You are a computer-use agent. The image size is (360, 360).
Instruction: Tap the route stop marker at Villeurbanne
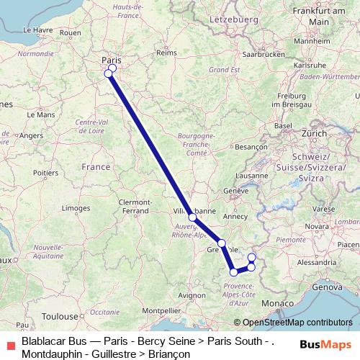(x=192, y=217)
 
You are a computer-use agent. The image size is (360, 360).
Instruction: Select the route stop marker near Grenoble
(x=222, y=243)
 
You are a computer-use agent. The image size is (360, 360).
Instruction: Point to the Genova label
(x=326, y=287)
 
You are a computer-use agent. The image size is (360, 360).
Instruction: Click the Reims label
(x=167, y=53)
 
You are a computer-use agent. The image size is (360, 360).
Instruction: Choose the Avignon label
(x=192, y=295)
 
